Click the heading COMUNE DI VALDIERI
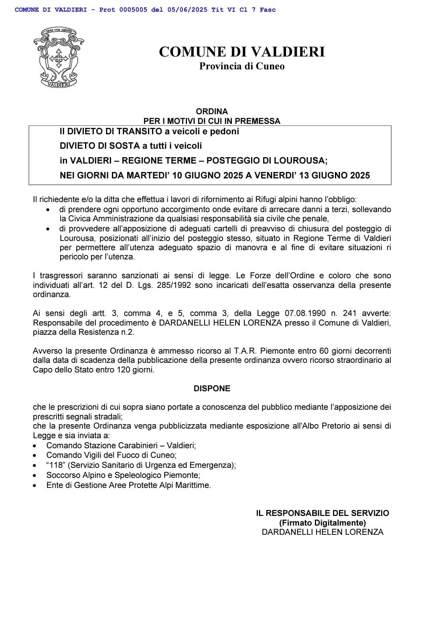coord(241,52)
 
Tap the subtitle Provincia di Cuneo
coord(241,67)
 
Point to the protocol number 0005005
coord(133,10)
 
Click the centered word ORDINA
coord(212,111)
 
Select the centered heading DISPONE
coord(212,388)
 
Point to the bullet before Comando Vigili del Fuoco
coord(36,456)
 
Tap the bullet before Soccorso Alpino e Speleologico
coord(36,475)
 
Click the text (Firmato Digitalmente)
coord(323,523)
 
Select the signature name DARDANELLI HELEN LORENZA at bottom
coord(323,532)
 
